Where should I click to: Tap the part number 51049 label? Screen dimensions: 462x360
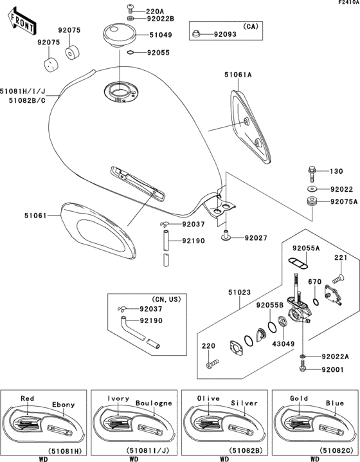pos(161,36)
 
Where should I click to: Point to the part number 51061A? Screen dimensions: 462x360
pos(239,75)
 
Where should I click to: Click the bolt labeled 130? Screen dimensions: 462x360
pos(312,173)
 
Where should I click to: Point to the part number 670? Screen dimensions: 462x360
pos(315,281)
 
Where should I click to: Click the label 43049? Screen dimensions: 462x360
pos(285,344)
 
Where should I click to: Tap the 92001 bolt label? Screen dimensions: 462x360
pos(334,369)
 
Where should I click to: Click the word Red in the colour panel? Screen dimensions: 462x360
pos(28,398)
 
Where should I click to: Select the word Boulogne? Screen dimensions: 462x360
pos(154,403)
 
